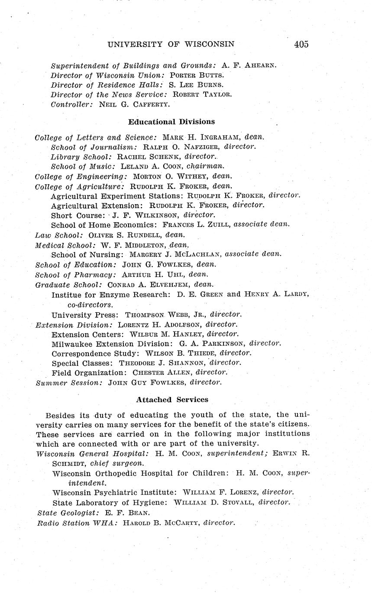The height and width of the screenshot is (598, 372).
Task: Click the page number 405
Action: coord(301,44)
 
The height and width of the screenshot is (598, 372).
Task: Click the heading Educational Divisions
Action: coord(171,122)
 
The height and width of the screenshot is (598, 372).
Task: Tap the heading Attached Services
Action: coord(172,400)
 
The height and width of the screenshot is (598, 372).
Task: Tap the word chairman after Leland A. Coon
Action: coord(205,166)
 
